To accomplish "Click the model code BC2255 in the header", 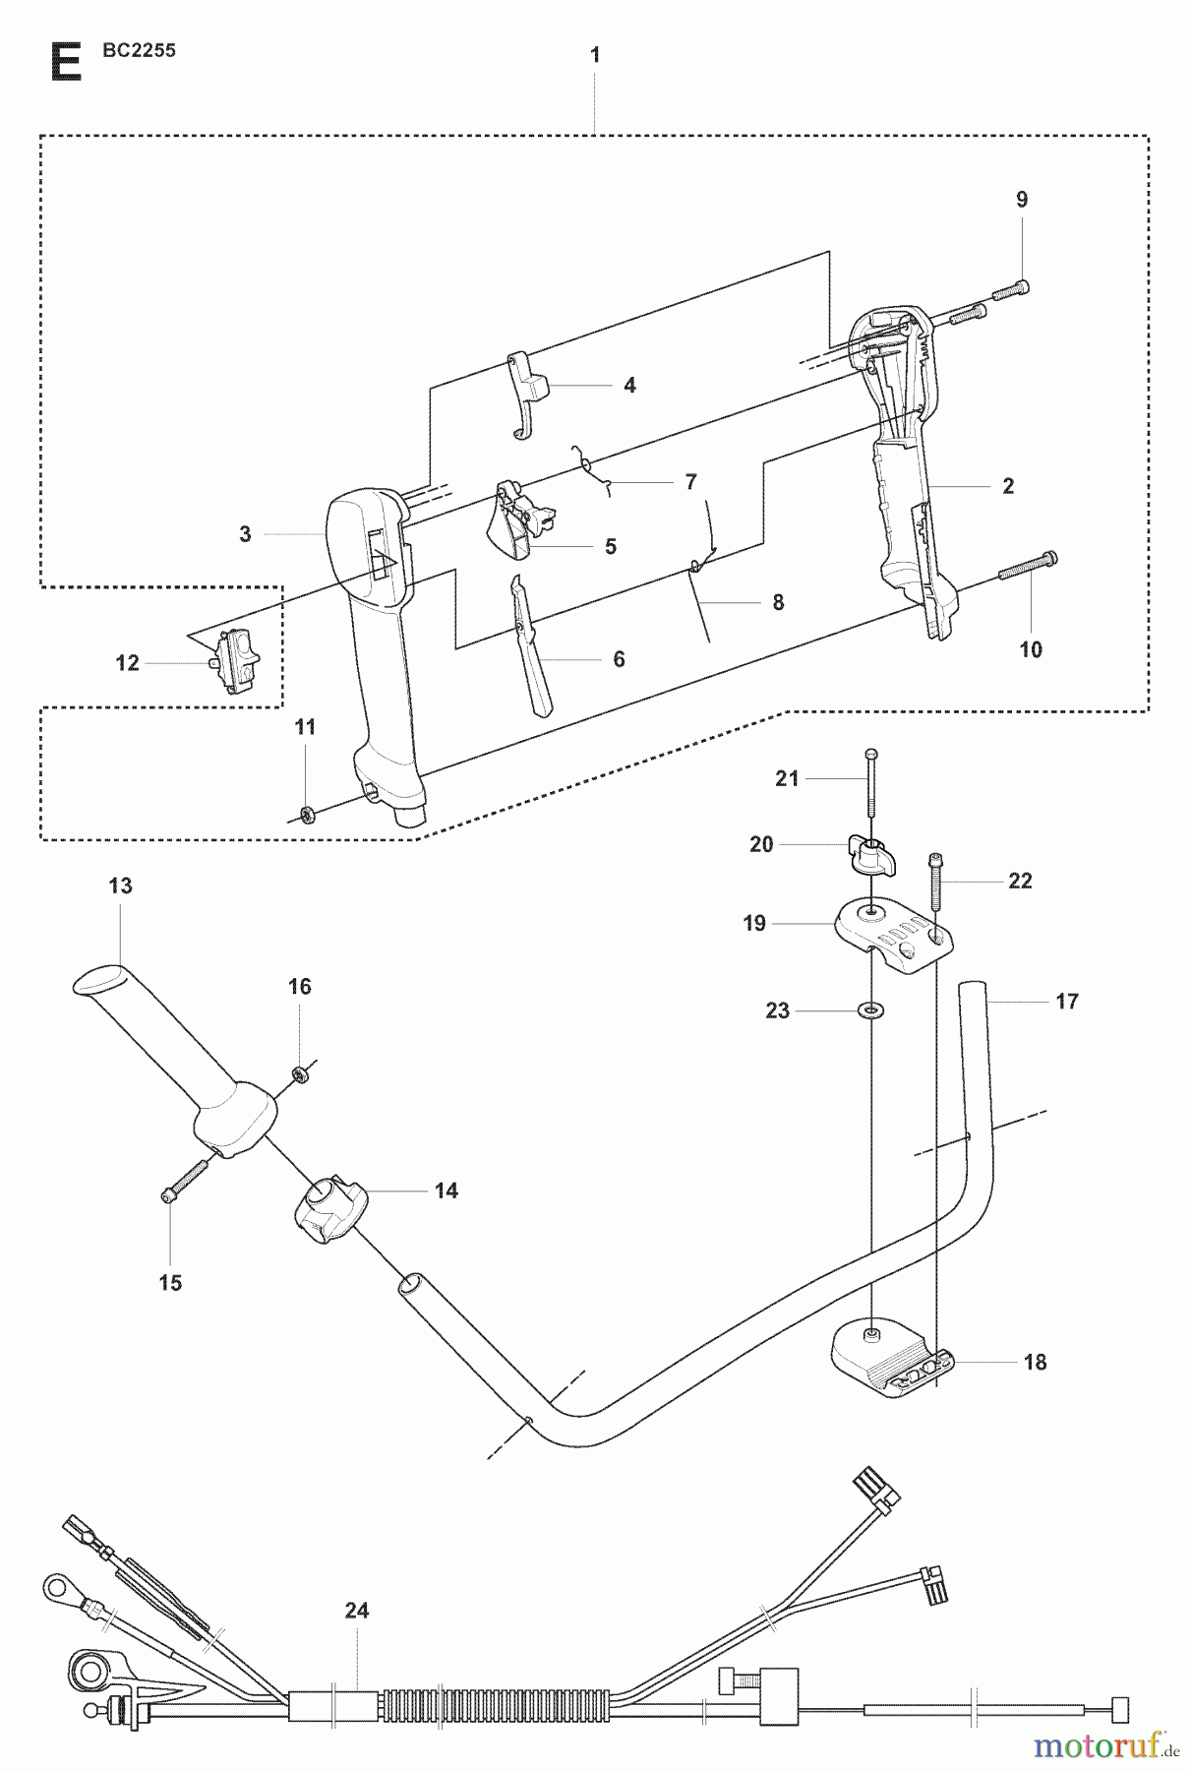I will tap(139, 51).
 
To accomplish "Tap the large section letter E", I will tap(65, 62).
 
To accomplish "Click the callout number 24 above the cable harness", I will tap(356, 1611).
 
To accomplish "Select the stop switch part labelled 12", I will tap(237, 661).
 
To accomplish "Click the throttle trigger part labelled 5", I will tap(516, 519).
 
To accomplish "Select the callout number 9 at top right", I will tap(1022, 200).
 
